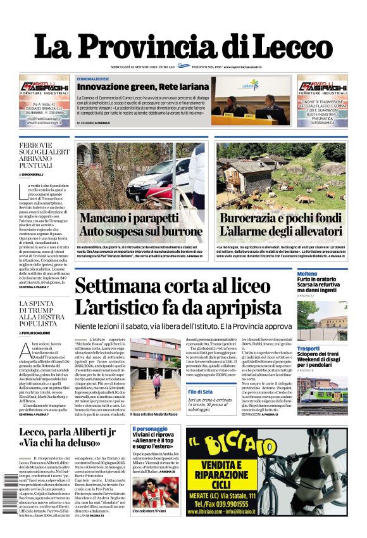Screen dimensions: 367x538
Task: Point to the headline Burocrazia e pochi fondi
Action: (280, 219)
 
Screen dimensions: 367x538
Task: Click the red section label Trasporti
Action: (308, 349)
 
